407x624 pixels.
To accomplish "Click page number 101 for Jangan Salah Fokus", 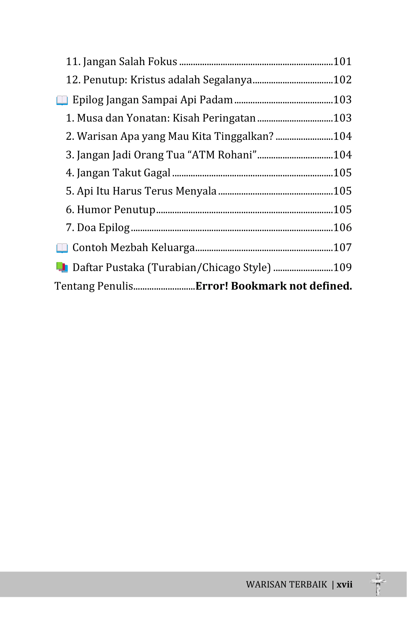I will coord(342,62).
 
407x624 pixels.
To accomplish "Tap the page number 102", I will coord(342,80).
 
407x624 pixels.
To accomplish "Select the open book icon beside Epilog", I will coord(62,101).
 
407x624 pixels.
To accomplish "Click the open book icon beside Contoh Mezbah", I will coord(62,248).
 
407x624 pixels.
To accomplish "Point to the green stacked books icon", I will coord(62,268).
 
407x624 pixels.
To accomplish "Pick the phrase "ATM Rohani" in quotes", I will coord(222,155).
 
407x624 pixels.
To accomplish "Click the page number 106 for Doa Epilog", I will coord(342,228).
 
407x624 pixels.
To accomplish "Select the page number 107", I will coord(342,248).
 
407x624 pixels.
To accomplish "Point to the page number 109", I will coord(342,268).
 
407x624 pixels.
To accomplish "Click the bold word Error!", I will coord(212,286).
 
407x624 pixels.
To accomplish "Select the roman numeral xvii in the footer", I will coord(344,585).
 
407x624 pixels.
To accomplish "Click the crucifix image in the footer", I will coord(378,584).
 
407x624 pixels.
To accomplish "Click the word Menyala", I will coord(196,191).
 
